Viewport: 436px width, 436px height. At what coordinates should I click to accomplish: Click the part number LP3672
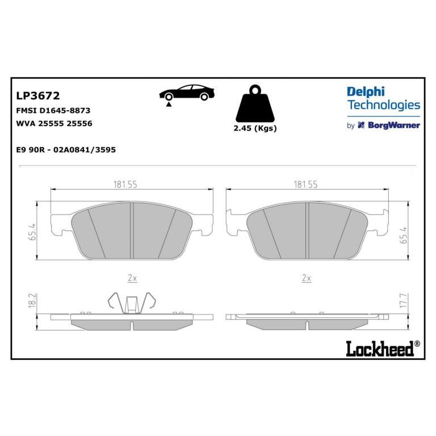coord(38,95)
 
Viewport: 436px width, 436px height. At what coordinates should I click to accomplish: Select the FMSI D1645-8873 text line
coord(53,111)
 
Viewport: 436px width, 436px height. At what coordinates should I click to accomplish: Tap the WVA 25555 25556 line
coord(54,123)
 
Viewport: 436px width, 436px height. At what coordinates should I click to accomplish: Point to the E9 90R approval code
coord(66,150)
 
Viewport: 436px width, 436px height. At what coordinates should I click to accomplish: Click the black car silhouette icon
coord(187,93)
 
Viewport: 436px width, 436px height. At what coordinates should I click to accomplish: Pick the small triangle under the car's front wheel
coord(168,104)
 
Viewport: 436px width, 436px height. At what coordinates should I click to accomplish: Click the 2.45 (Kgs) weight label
coord(255,128)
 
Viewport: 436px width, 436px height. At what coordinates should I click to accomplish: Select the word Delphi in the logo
coord(366,92)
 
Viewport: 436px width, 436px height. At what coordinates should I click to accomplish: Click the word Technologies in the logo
coord(384,105)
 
